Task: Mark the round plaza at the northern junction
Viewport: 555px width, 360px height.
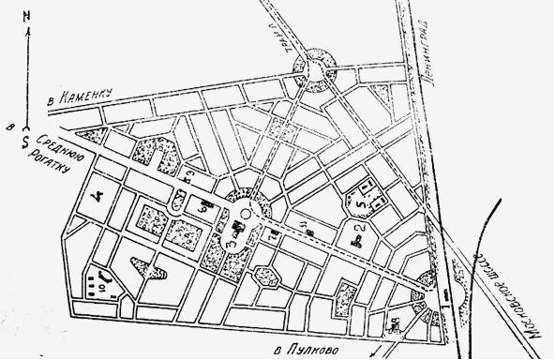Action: (315, 67)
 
